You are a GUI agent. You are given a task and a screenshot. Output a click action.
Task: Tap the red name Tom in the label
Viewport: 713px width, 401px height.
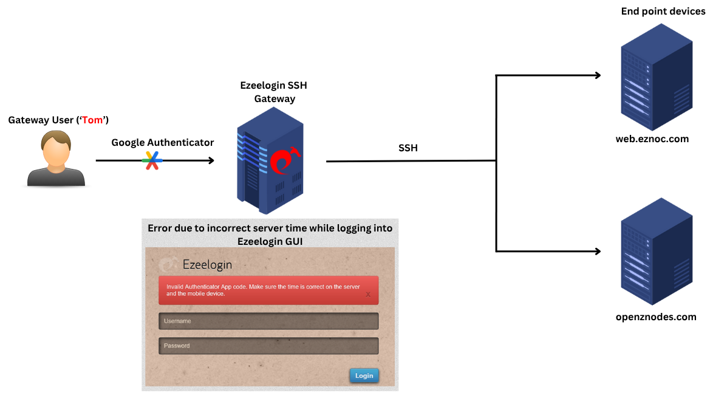tap(93, 120)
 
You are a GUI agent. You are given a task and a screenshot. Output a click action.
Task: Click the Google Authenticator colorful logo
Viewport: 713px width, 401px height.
tap(152, 160)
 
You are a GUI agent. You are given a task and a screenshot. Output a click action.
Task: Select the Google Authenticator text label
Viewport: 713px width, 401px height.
tap(162, 142)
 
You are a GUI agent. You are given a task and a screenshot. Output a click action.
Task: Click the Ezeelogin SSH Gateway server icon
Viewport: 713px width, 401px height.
tap(270, 161)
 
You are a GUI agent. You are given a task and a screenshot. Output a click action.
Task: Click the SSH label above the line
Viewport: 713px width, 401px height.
tap(408, 148)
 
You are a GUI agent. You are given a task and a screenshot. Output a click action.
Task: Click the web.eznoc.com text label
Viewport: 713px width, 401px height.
tap(652, 139)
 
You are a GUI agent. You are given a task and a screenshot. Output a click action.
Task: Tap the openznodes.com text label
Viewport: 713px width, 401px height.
tap(655, 317)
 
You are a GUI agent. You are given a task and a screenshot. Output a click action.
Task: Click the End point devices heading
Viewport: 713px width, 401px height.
tap(663, 12)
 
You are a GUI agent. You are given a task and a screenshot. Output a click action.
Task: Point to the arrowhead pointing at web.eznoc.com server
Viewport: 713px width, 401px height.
tap(598, 75)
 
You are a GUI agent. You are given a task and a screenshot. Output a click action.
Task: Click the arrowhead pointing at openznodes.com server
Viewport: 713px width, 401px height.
tap(598, 251)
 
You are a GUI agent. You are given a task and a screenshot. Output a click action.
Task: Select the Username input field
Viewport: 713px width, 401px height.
tap(268, 321)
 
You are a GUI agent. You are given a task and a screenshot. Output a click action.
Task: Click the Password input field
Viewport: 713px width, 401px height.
tap(268, 346)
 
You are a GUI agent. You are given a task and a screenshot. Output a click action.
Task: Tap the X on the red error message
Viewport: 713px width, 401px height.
tap(368, 294)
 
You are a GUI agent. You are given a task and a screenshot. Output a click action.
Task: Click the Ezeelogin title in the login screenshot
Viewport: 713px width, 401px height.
tap(207, 264)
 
